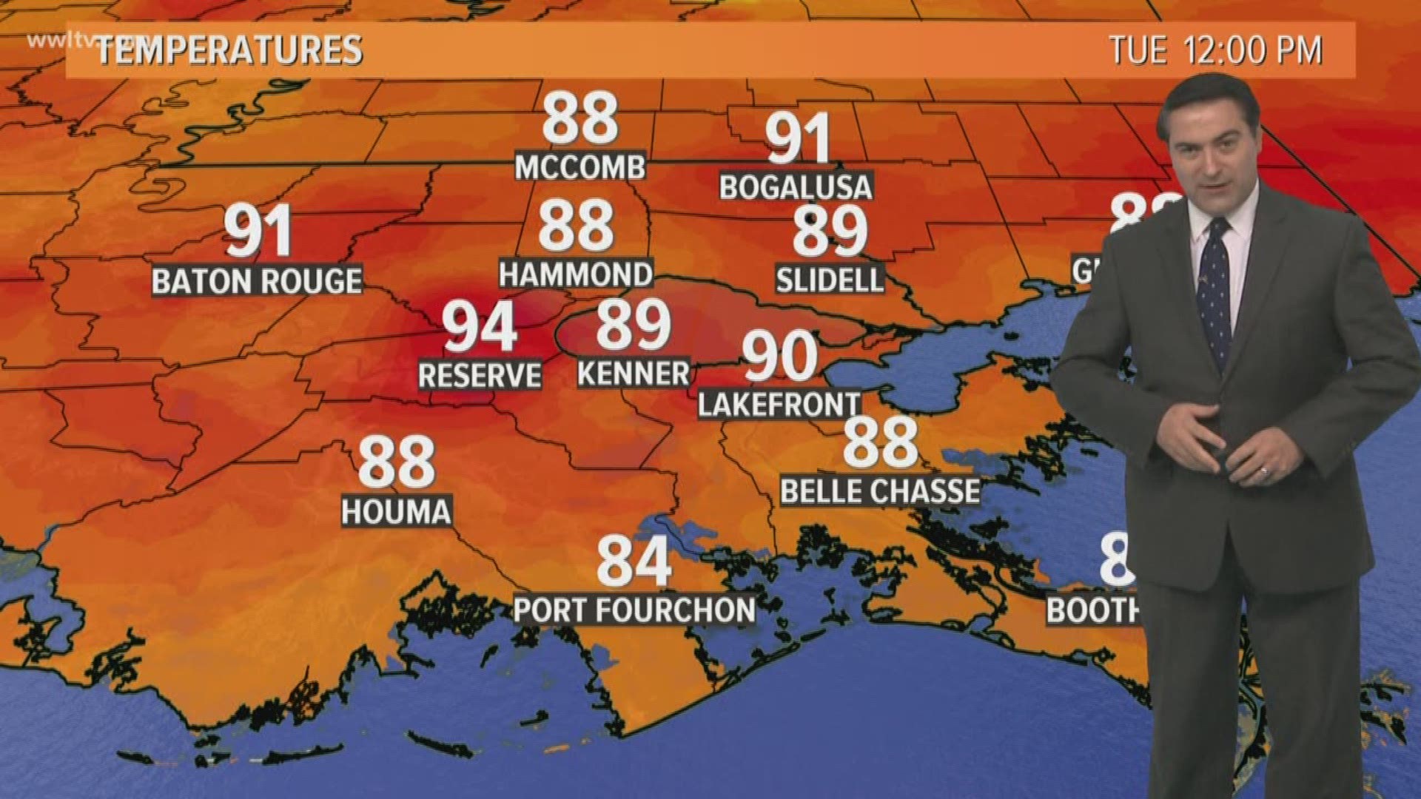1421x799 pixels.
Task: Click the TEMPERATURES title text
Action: (x=229, y=50)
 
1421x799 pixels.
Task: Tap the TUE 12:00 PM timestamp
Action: (x=1215, y=50)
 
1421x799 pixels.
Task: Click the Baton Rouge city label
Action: (x=257, y=281)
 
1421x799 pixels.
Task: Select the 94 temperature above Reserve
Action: (x=480, y=328)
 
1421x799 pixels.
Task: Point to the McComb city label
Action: (x=580, y=167)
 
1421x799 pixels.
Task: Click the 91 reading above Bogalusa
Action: (x=797, y=139)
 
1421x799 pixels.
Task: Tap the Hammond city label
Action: (x=576, y=274)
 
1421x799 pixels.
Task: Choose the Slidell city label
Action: (x=830, y=280)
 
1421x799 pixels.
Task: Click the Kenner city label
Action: (x=634, y=374)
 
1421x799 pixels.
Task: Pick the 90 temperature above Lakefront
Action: (x=780, y=357)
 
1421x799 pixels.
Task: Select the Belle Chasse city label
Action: (x=880, y=491)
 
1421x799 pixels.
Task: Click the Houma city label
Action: (x=396, y=512)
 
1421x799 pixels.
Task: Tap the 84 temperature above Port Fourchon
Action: (x=634, y=562)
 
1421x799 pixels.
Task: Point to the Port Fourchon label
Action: (x=634, y=610)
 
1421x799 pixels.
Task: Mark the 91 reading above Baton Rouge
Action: (x=258, y=232)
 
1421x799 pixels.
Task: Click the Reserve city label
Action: (x=480, y=375)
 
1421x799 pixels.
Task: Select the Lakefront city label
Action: (x=779, y=405)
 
